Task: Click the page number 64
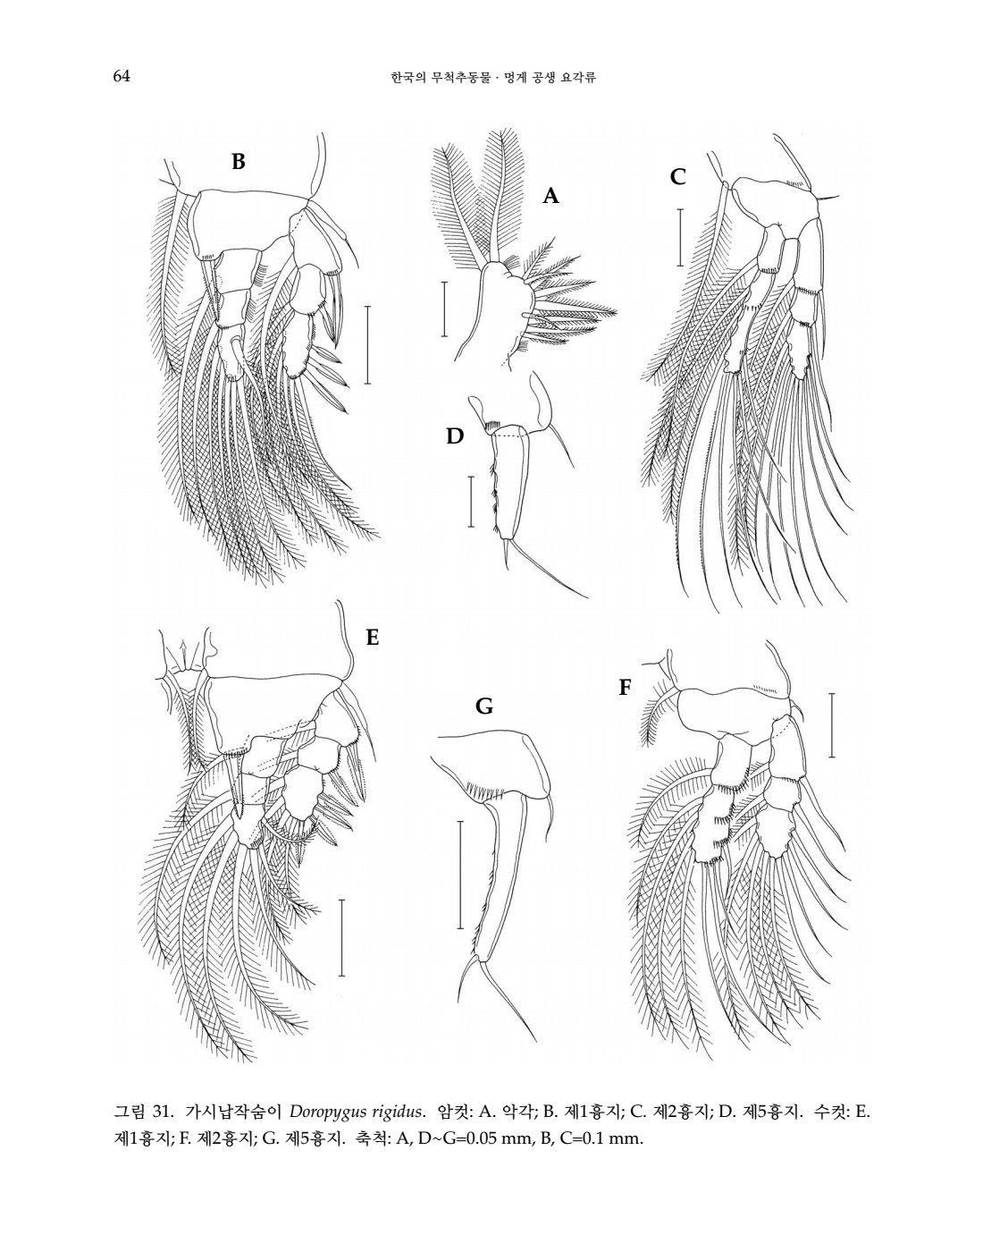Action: pos(122,76)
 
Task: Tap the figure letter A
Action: pos(550,197)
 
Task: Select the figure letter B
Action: pos(239,163)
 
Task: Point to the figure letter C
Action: pos(678,177)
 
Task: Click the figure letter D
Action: pos(455,436)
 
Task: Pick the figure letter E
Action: pos(373,638)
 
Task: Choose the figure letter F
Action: pos(625,688)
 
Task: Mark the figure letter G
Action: pos(484,706)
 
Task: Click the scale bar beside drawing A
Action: pos(444,309)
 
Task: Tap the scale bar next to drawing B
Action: pos(367,344)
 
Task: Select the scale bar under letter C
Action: pos(680,237)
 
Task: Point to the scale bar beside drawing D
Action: pos(471,502)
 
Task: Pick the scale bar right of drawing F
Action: pos(832,724)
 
